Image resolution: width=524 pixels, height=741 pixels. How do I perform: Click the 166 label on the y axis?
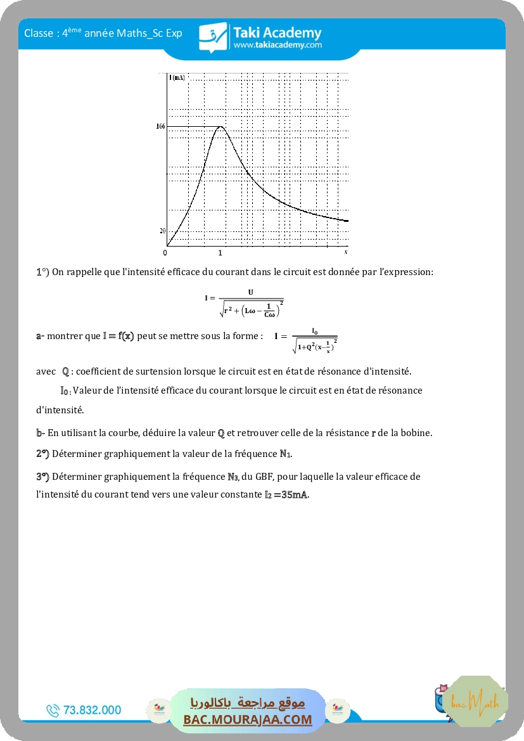(x=160, y=127)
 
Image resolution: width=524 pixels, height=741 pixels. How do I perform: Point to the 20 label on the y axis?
(x=162, y=231)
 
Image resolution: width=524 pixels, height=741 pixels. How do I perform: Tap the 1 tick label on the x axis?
(x=220, y=254)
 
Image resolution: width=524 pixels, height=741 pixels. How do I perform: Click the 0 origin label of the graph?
(x=165, y=254)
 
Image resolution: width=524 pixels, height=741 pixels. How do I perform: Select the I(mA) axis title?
(x=177, y=77)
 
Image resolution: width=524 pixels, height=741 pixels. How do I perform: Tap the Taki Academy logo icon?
(x=213, y=37)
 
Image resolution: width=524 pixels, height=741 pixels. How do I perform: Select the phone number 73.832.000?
(x=93, y=711)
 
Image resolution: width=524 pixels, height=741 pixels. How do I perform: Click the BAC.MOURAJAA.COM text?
(x=248, y=719)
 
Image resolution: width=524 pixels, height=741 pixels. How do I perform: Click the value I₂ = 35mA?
(x=286, y=494)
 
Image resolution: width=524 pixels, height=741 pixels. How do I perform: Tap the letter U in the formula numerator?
(x=251, y=292)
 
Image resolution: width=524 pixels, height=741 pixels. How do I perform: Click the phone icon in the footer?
(x=53, y=711)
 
